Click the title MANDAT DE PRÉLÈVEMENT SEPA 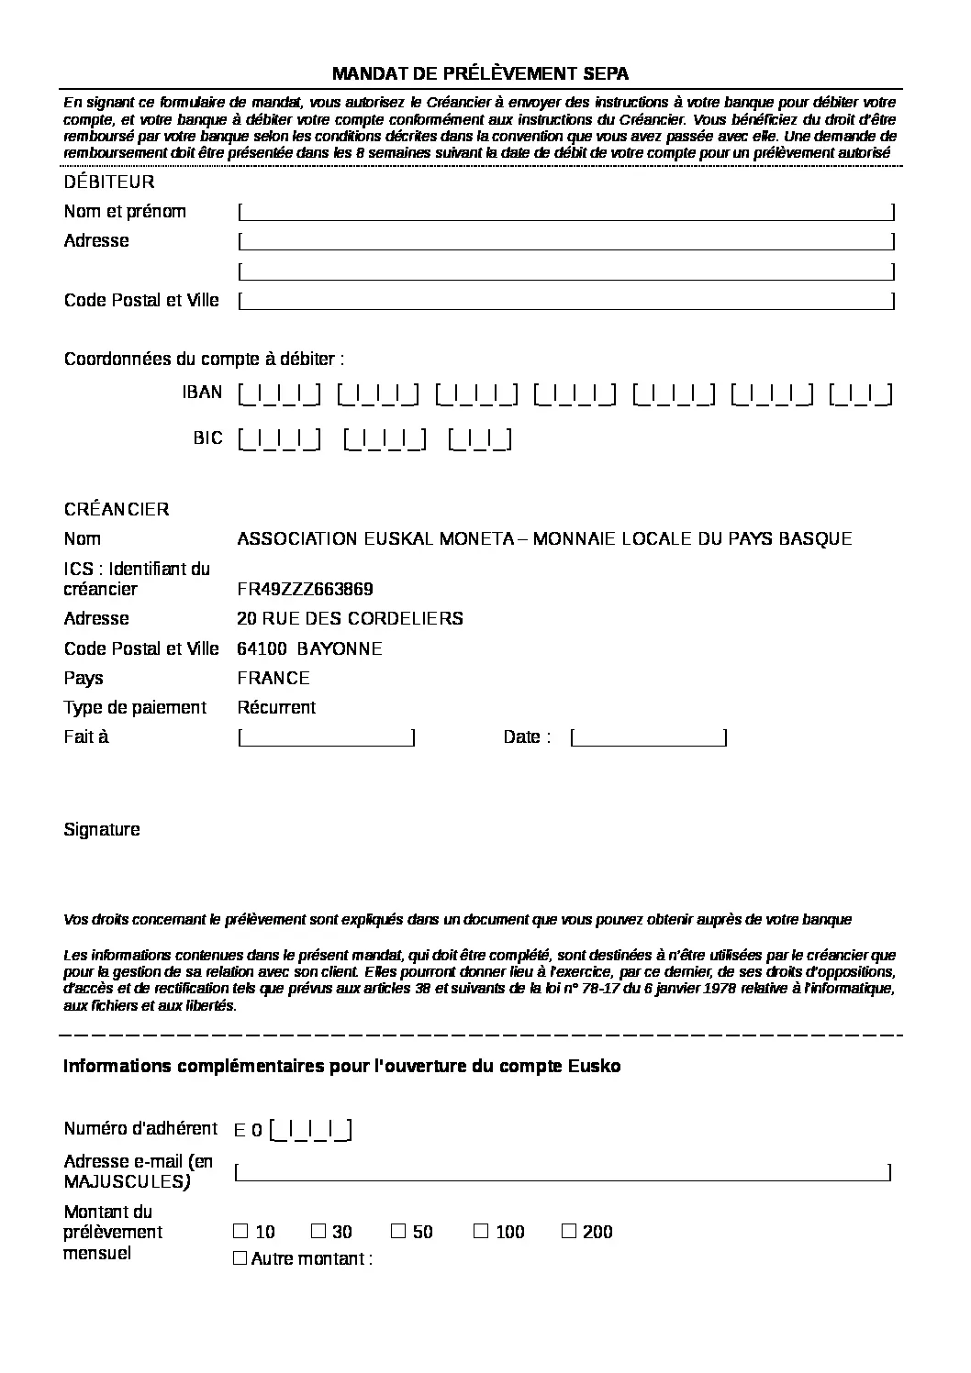point(480,74)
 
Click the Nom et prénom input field point(565,212)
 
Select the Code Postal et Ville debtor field point(565,301)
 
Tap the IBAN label point(202,393)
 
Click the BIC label point(207,438)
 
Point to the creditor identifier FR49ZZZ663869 point(305,589)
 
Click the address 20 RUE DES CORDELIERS point(350,619)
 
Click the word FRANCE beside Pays point(273,679)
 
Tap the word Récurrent point(276,708)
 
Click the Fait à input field point(327,737)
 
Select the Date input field point(649,737)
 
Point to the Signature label point(102,830)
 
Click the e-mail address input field point(563,1172)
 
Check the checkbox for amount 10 point(240,1231)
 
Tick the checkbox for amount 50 point(398,1231)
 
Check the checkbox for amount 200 point(569,1231)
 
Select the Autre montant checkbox point(240,1258)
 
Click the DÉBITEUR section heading point(109,183)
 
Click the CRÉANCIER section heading point(117,510)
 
